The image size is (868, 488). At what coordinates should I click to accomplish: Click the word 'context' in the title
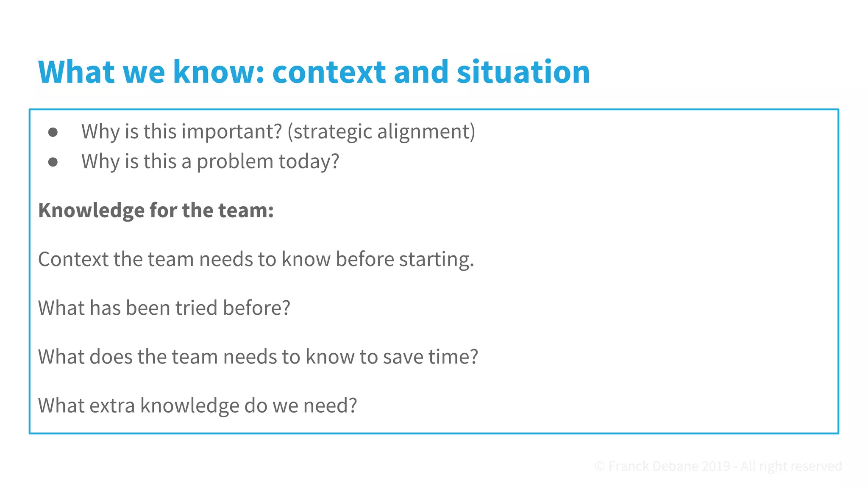[329, 72]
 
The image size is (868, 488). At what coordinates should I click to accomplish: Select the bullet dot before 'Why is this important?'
[53, 132]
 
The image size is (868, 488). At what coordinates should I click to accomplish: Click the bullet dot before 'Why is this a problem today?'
[53, 162]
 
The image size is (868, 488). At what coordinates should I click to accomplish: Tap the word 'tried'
[196, 308]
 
